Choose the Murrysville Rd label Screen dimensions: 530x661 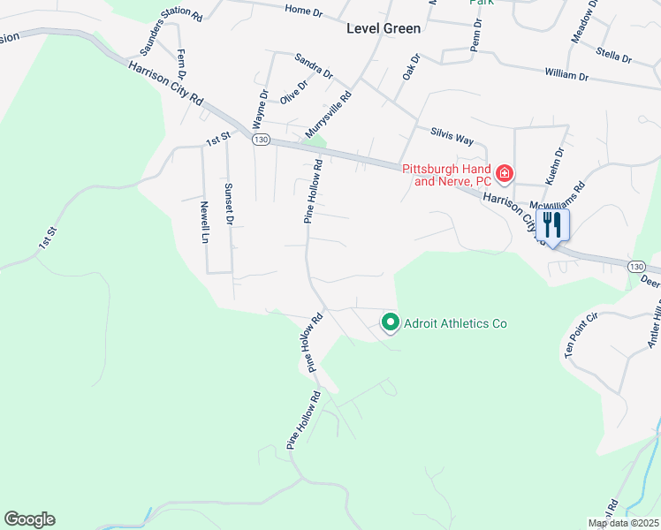click(x=329, y=115)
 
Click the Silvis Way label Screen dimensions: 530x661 click(x=452, y=136)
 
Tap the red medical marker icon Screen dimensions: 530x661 click(x=504, y=173)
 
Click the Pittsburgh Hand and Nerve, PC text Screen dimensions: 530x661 click(x=446, y=174)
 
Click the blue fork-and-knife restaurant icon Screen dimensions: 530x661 click(x=552, y=224)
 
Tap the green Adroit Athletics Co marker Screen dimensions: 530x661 click(x=390, y=322)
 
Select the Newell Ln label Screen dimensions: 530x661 click(x=204, y=222)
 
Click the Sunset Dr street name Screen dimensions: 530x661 click(x=228, y=204)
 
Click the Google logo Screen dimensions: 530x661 click(x=29, y=519)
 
